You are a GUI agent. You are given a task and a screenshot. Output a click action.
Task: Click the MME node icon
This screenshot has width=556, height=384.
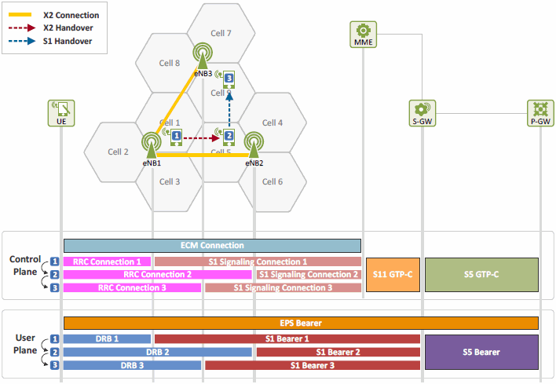click(x=363, y=35)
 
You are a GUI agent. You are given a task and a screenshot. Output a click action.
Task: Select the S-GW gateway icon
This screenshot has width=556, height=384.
click(x=422, y=113)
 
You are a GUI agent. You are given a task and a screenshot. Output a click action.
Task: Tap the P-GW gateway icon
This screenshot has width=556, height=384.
click(x=540, y=113)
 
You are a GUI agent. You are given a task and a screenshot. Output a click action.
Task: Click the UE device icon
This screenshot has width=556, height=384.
click(x=61, y=113)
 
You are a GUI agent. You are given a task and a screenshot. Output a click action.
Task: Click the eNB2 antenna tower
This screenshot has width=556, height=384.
click(x=254, y=144)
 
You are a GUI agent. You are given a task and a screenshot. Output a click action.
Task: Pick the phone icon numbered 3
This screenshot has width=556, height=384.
click(x=229, y=79)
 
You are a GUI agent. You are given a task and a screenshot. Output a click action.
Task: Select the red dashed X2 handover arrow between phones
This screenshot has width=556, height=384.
click(x=201, y=137)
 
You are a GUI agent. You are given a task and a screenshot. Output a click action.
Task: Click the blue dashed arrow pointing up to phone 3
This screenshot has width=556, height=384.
click(x=229, y=110)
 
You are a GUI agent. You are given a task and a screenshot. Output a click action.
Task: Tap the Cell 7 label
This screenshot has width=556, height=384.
click(x=221, y=33)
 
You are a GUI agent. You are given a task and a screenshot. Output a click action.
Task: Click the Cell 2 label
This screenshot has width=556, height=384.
click(x=118, y=152)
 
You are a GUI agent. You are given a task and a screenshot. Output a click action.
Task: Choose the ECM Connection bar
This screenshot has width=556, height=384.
click(x=212, y=246)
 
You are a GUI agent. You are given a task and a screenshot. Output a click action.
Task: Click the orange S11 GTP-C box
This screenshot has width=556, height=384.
click(x=393, y=275)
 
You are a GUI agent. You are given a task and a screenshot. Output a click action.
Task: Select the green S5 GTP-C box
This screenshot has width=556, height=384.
click(x=481, y=275)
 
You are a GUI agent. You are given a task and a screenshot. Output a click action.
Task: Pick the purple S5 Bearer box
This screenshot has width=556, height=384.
click(x=481, y=352)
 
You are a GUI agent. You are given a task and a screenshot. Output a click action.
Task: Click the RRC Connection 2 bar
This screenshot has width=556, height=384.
click(x=158, y=275)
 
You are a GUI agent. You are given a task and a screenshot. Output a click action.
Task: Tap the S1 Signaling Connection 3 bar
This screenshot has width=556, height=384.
click(x=283, y=287)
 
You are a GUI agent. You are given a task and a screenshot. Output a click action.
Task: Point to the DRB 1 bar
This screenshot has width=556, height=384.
click(x=107, y=339)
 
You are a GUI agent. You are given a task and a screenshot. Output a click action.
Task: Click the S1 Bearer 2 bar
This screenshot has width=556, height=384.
click(x=338, y=352)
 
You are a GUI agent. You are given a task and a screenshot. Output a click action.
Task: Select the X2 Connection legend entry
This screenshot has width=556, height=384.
click(x=54, y=15)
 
